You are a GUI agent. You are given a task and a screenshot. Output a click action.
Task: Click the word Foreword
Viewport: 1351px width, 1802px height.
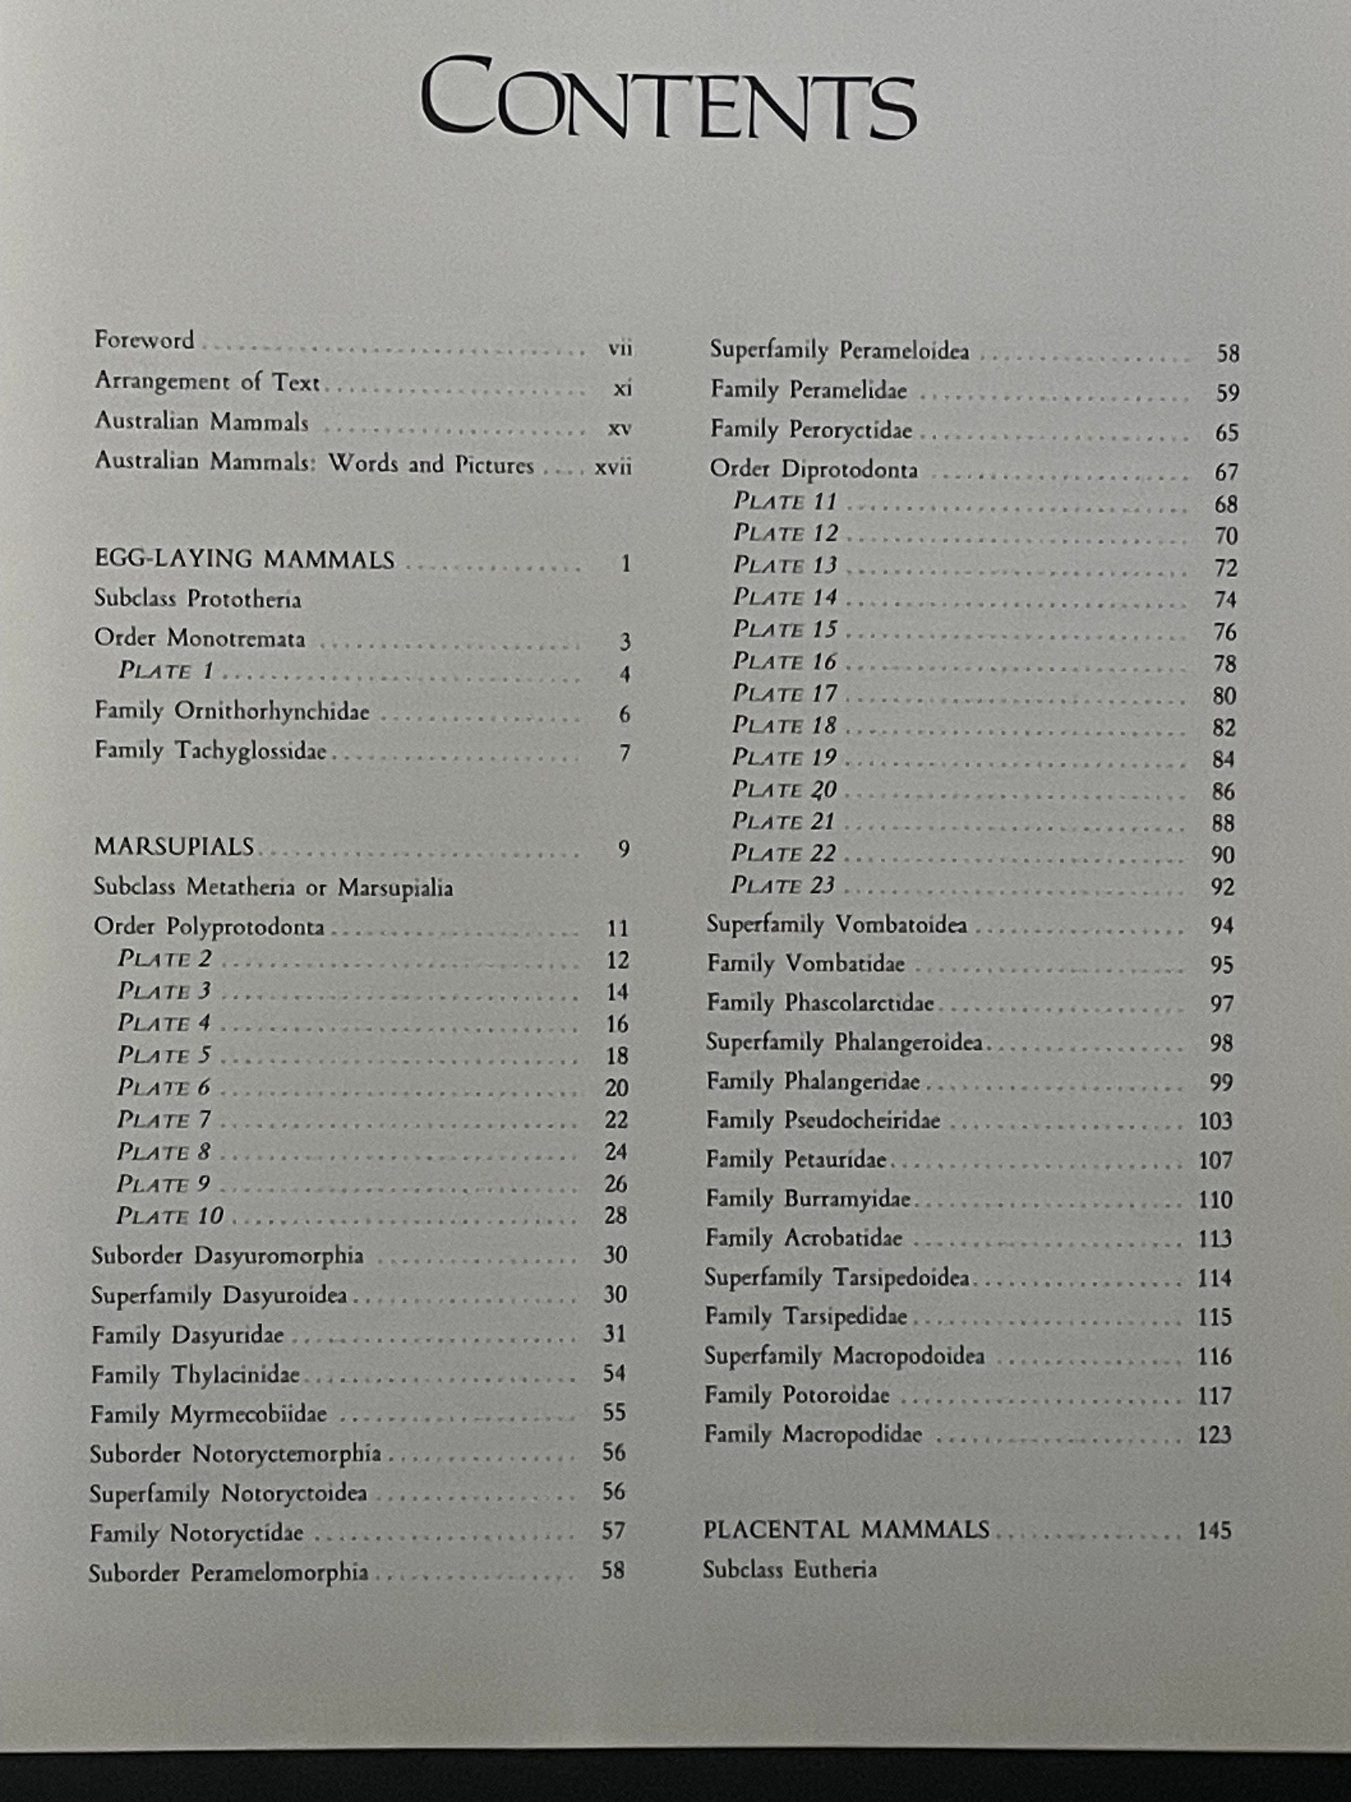tap(144, 340)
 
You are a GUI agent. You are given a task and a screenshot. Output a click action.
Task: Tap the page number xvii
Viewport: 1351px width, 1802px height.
tap(612, 467)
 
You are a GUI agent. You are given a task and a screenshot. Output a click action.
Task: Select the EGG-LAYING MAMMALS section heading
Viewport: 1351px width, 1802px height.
tap(244, 560)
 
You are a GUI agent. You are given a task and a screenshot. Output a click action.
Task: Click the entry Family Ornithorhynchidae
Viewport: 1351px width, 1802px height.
tap(231, 711)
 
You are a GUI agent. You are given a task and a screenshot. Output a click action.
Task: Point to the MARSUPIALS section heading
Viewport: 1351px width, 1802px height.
tap(174, 847)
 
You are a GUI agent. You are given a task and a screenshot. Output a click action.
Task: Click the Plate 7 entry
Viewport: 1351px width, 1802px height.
tap(164, 1119)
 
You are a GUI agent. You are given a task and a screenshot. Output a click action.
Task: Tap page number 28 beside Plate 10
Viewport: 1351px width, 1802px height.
tap(616, 1215)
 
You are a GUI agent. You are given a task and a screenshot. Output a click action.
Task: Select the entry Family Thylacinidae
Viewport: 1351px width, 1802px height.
tap(196, 1375)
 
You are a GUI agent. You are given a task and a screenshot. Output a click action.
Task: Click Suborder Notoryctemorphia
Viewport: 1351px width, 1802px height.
tap(235, 1453)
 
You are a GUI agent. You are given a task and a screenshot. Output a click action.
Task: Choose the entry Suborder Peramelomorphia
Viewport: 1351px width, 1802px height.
tap(229, 1572)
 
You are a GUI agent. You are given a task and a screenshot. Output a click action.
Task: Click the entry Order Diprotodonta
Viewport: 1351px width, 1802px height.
tap(813, 469)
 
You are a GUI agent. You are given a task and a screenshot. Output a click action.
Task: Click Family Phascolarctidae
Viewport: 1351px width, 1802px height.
tap(819, 1003)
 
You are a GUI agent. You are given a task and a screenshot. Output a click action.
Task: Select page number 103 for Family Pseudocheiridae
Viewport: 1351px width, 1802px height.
tap(1214, 1121)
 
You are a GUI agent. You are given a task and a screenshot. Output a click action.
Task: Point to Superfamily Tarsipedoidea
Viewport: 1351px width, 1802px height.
tap(837, 1277)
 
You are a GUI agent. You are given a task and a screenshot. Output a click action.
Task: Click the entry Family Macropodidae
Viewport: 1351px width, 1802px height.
tap(813, 1434)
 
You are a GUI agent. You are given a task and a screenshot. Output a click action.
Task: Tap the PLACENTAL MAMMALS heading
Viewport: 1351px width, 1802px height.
tap(846, 1530)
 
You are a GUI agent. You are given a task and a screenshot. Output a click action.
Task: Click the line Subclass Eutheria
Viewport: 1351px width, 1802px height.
tap(789, 1569)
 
